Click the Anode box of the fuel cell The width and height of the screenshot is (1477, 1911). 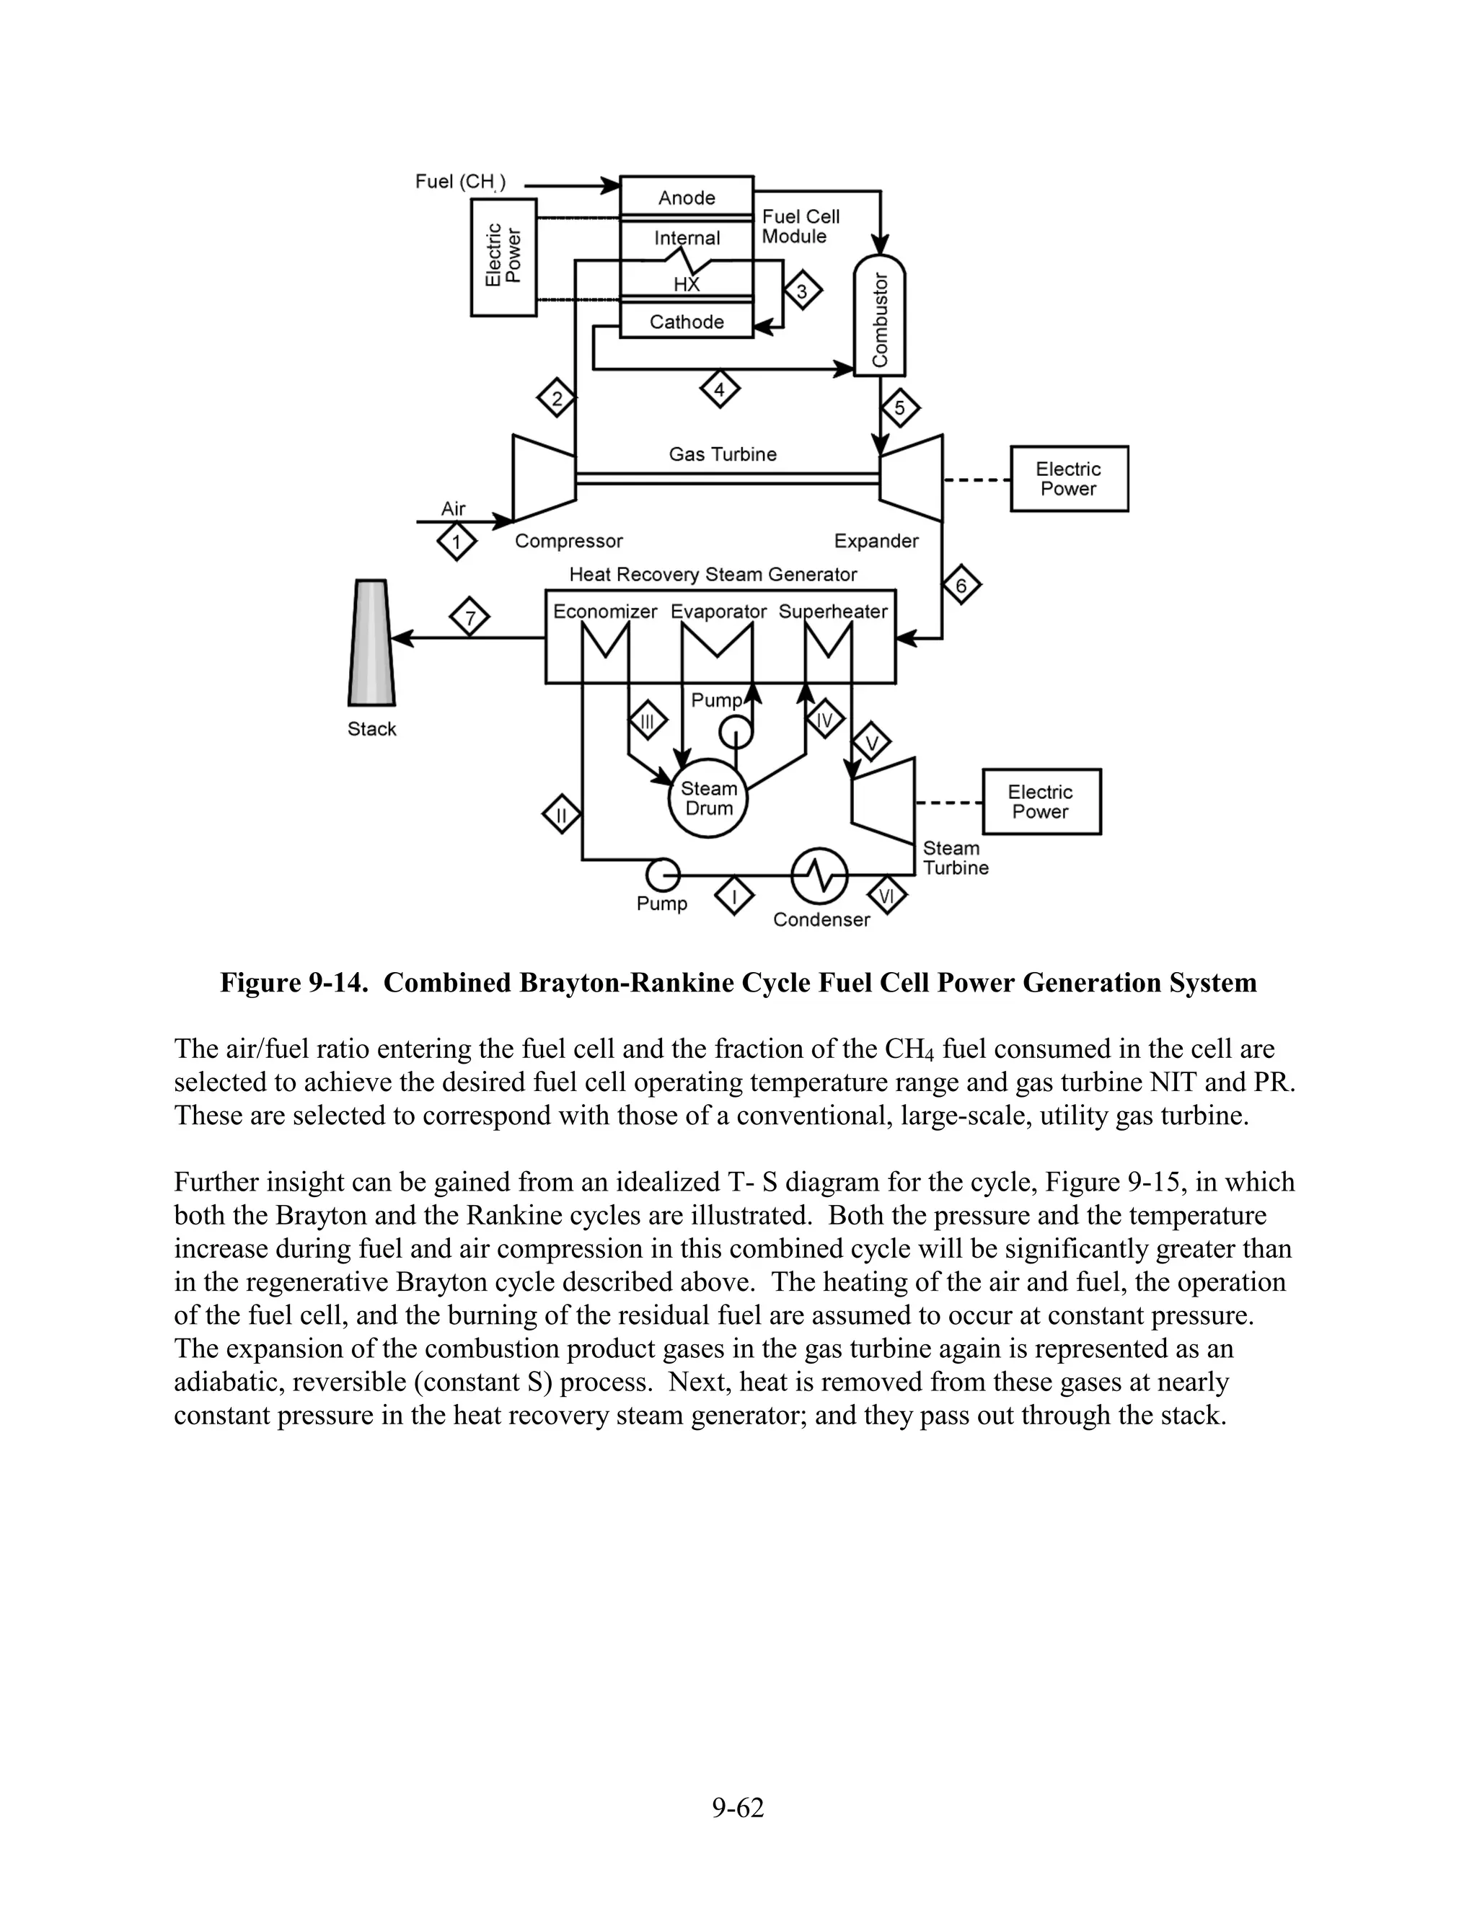point(686,196)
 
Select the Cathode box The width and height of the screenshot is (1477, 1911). point(686,321)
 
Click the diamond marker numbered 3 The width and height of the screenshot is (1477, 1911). point(801,291)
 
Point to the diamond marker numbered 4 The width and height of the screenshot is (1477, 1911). point(719,389)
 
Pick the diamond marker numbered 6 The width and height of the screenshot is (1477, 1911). point(961,586)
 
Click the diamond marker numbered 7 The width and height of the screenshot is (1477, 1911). point(470,619)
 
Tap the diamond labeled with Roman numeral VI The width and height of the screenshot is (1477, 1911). point(886,895)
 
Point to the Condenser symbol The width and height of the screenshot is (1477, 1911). point(820,874)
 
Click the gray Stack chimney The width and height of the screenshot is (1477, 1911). point(371,643)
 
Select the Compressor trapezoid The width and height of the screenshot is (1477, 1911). point(543,477)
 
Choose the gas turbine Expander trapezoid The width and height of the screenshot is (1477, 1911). point(912,477)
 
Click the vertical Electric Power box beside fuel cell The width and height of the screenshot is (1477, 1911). point(503,257)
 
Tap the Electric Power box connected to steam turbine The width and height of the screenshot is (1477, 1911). point(1041,801)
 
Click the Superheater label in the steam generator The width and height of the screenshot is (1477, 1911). point(832,612)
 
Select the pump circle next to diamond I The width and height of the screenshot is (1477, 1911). point(662,873)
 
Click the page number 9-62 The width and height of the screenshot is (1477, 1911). point(738,1807)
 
